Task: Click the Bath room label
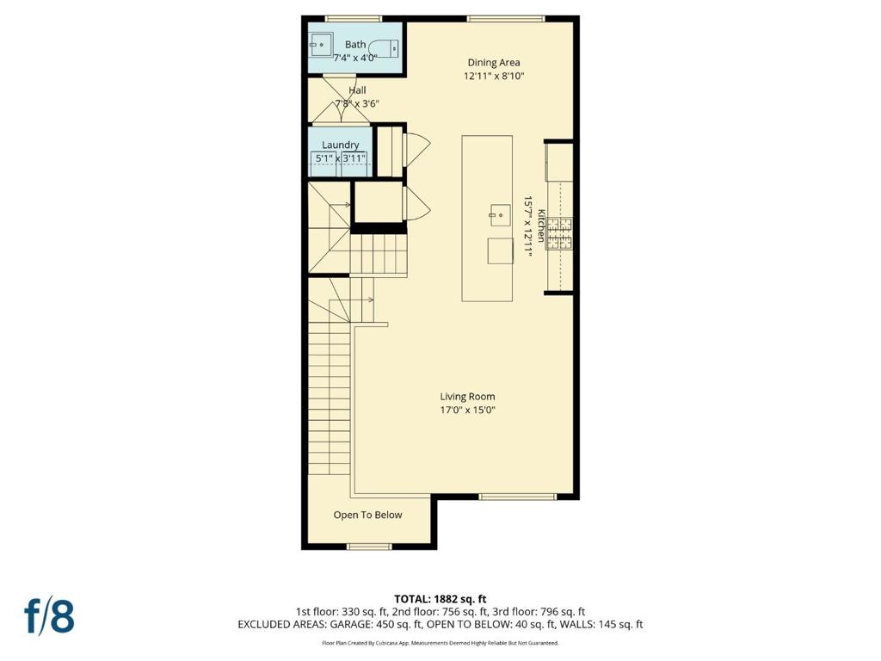point(355,45)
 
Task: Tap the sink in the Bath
point(320,45)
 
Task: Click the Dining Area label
point(494,62)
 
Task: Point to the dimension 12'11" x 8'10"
point(494,76)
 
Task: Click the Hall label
point(357,90)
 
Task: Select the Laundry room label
point(341,145)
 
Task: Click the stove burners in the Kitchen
point(559,234)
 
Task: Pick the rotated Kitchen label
point(541,226)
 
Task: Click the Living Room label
point(467,396)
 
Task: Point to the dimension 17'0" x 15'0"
point(467,410)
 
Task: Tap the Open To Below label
point(368,515)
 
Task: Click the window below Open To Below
point(368,547)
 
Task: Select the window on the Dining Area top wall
point(506,19)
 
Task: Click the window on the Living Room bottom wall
point(517,497)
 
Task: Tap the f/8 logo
point(49,616)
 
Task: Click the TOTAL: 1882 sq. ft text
point(440,599)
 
